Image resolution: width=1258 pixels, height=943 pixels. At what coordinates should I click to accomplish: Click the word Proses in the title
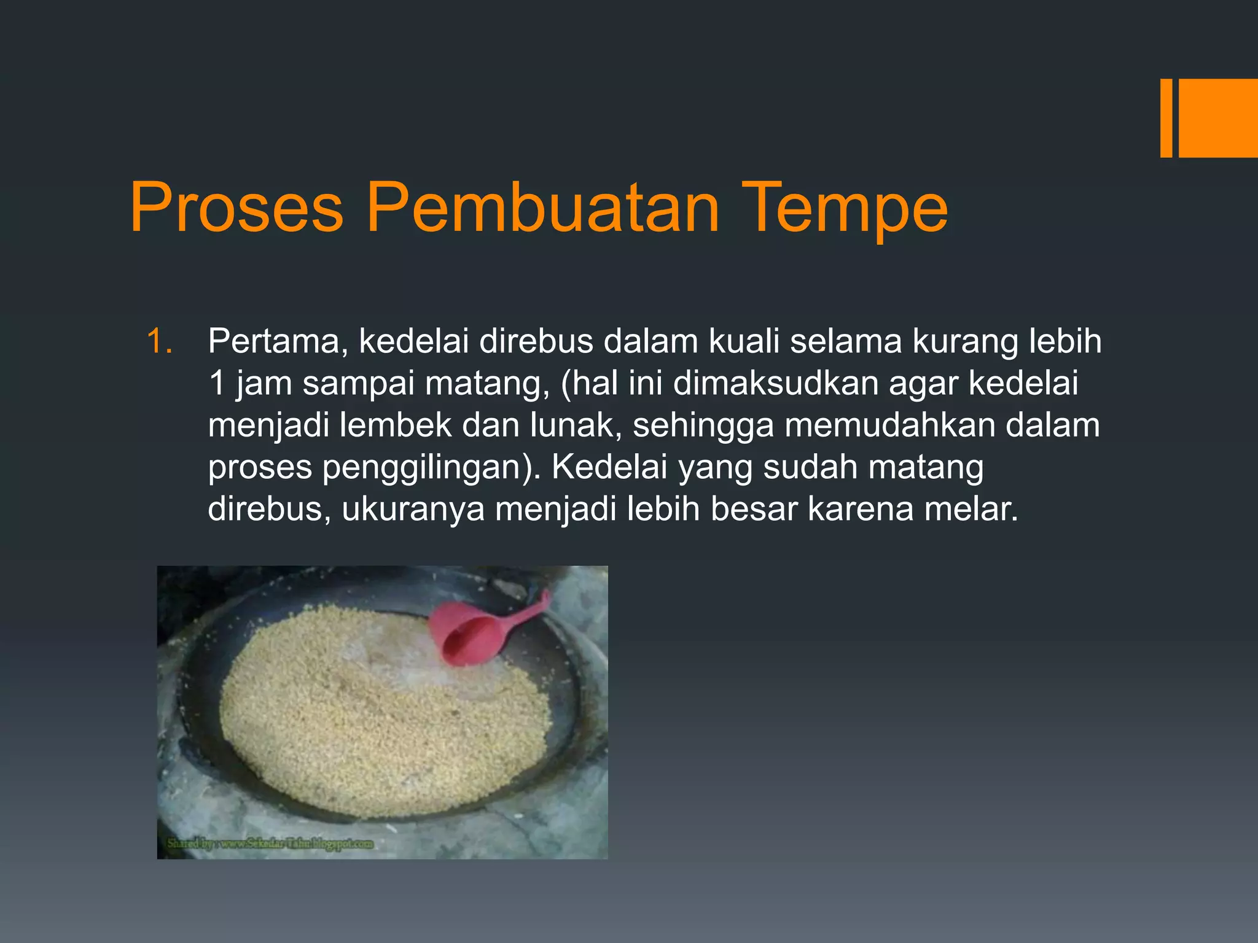pos(236,208)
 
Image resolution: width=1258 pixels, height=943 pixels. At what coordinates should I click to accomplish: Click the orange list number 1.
pos(160,341)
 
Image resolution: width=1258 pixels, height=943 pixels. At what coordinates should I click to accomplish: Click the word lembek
pos(396,425)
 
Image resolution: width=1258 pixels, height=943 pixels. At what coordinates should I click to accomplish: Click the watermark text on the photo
pos(270,844)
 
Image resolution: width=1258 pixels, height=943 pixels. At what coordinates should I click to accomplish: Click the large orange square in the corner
pos(1218,118)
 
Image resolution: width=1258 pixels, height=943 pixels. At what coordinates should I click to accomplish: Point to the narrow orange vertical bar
pos(1166,118)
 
